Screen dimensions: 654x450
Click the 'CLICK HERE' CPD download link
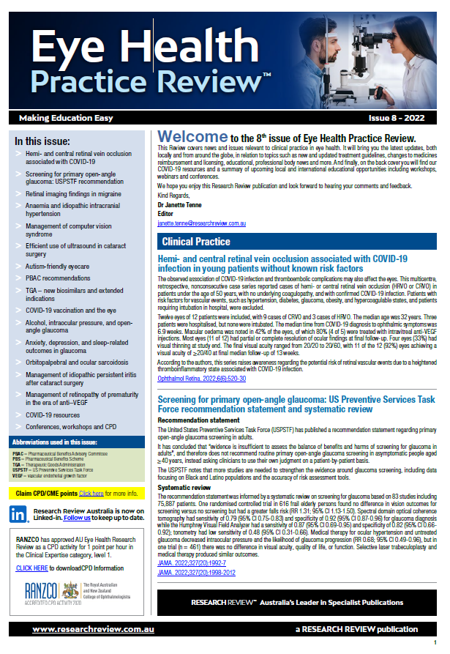point(31,568)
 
